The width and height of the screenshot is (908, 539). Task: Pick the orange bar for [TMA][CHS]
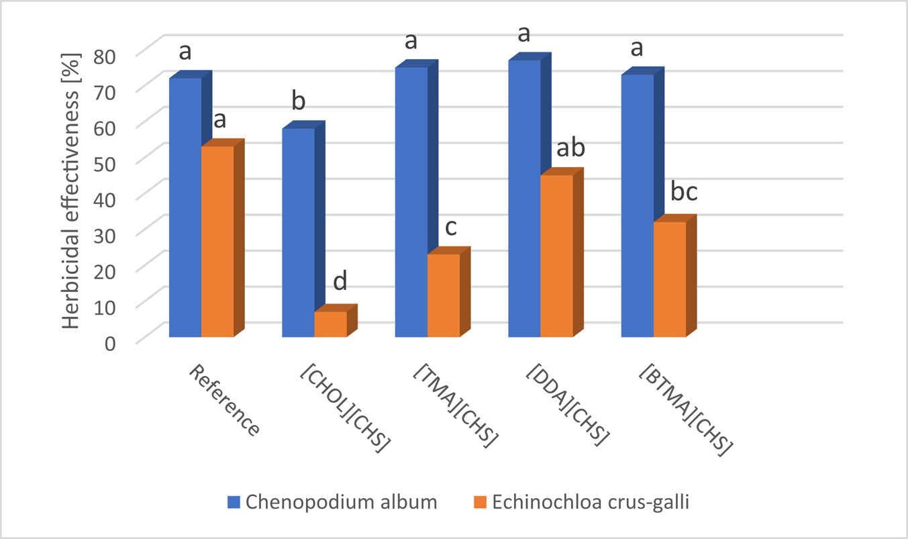[444, 295]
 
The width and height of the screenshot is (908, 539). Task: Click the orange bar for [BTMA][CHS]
[670, 279]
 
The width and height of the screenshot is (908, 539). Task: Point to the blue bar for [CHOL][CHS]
[298, 232]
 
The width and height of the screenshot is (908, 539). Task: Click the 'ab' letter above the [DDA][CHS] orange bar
[571, 148]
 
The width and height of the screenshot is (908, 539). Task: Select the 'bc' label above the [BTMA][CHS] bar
[684, 193]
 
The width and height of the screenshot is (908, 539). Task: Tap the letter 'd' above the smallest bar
[340, 282]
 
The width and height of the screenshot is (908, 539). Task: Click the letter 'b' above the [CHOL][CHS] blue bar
[299, 102]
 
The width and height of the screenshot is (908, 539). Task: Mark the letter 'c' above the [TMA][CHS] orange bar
[450, 228]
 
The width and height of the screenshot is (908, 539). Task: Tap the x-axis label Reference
[223, 400]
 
